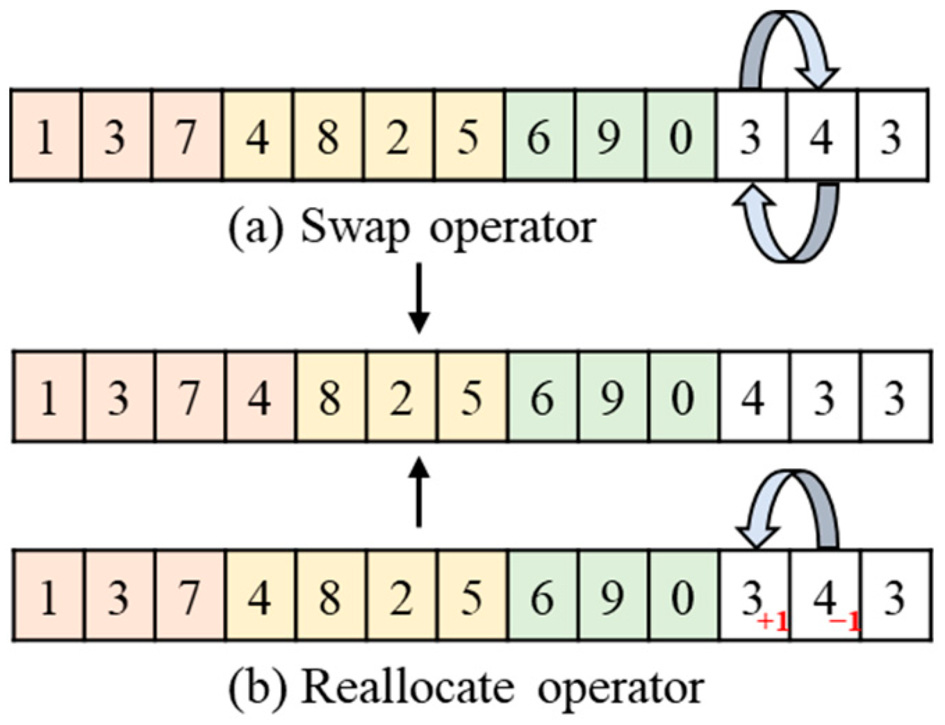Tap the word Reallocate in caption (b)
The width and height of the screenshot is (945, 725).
(x=409, y=687)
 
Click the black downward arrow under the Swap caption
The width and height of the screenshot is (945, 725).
(x=418, y=299)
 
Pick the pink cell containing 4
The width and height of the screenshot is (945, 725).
(x=260, y=397)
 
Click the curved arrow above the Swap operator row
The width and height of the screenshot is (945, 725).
(x=788, y=49)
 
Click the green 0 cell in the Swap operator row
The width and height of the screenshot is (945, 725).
(x=681, y=136)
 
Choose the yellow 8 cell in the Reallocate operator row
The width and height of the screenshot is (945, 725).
(x=330, y=596)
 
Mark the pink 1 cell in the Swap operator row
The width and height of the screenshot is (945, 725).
(x=46, y=136)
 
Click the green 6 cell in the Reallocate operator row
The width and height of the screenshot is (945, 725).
(x=542, y=596)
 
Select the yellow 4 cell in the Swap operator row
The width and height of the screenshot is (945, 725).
(x=258, y=136)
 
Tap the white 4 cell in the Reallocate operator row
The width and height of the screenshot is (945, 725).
(x=825, y=596)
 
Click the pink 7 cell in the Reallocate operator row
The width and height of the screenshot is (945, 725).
(x=189, y=596)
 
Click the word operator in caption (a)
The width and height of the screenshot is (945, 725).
(x=513, y=227)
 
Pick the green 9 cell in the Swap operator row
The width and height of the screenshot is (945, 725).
(x=610, y=136)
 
